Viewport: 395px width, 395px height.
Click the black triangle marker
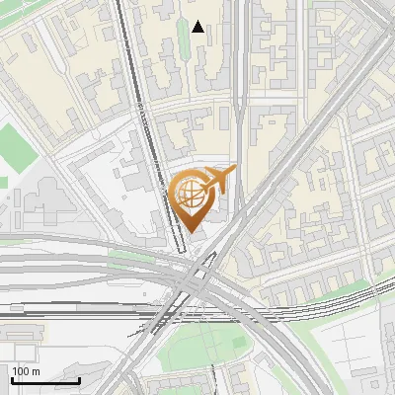(198, 27)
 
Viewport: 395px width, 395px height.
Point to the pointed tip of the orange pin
(191, 233)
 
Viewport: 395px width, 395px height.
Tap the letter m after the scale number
(36, 371)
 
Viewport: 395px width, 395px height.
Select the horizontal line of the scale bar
(44, 380)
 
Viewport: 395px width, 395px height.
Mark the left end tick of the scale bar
(10, 378)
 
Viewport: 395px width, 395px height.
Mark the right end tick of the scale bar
(80, 378)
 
